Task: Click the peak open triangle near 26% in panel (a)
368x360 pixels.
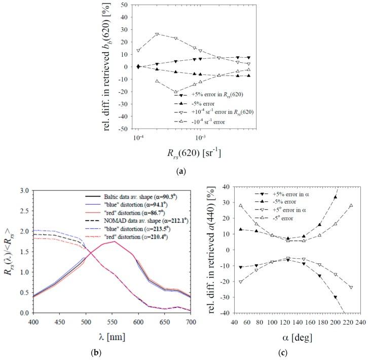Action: [157, 34]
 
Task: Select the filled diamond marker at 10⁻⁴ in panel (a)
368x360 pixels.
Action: [138, 66]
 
